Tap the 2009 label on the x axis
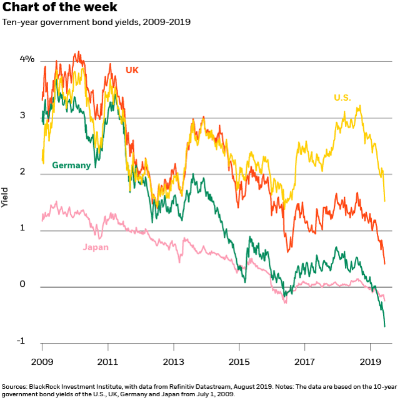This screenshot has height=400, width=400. click(42, 362)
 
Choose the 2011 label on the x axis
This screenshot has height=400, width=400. click(108, 362)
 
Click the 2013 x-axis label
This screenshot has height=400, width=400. click(174, 362)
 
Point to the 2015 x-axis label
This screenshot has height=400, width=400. click(239, 362)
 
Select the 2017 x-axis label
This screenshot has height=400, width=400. click(304, 362)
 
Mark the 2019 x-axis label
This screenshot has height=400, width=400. click(370, 362)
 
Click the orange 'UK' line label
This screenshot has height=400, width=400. click(132, 69)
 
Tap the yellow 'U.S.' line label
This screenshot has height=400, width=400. click(342, 98)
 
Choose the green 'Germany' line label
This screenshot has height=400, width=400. click(71, 165)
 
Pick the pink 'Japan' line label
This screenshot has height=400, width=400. click(96, 247)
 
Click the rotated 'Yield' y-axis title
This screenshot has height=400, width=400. click(6, 199)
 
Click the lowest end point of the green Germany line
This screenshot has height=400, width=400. click(384, 326)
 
